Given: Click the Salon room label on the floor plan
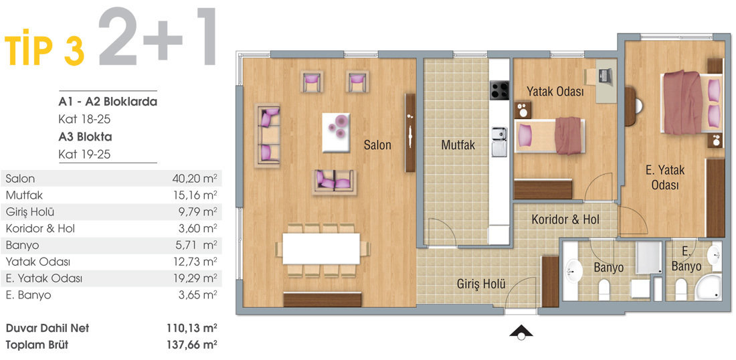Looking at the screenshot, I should (x=377, y=145).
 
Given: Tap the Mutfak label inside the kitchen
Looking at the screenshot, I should (x=458, y=145).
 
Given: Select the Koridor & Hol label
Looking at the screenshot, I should (x=565, y=219).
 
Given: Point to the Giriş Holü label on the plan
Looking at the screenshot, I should (x=480, y=283).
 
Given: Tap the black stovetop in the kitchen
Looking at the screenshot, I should (x=499, y=90).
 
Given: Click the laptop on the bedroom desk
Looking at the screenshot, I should (x=605, y=74).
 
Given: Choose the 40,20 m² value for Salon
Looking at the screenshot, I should (x=195, y=179).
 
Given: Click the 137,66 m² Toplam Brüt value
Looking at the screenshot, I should (x=192, y=345).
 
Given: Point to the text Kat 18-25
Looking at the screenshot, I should (x=84, y=120).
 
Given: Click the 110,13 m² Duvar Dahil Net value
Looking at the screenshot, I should (x=192, y=329).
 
